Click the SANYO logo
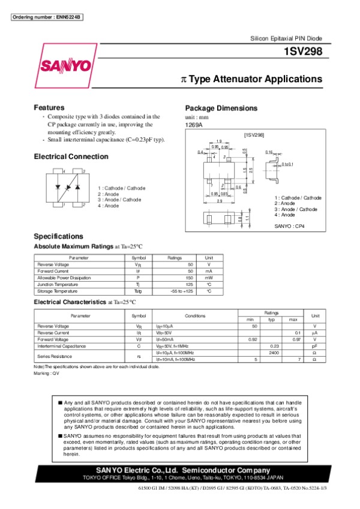pyautogui.click(x=65, y=64)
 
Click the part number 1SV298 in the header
pyautogui.click(x=305, y=52)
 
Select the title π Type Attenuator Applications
pyautogui.click(x=252, y=79)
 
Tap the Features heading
pyautogui.click(x=49, y=107)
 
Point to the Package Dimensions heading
pyautogui.click(x=221, y=108)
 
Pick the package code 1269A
pyautogui.click(x=194, y=125)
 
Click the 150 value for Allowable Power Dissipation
pyautogui.click(x=190, y=278)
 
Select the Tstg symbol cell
pyautogui.click(x=137, y=291)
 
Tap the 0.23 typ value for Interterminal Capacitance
pyautogui.click(x=275, y=346)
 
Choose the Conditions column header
pyautogui.click(x=195, y=315)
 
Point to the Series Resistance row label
pyautogui.click(x=55, y=356)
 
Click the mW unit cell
pyautogui.click(x=209, y=278)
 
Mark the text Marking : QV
pyautogui.click(x=47, y=373)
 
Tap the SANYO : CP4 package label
pyautogui.click(x=290, y=226)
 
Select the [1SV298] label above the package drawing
pyautogui.click(x=254, y=136)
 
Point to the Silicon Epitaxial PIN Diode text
pyautogui.click(x=286, y=38)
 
